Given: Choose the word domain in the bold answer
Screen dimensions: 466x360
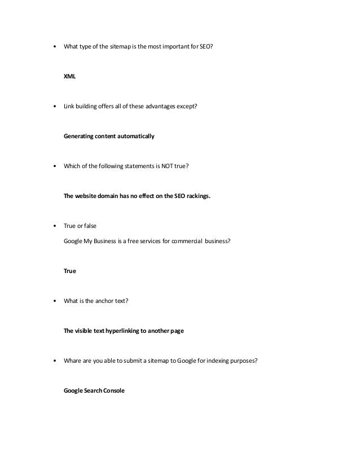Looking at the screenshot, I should click(x=112, y=197).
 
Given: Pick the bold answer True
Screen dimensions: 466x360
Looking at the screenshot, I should click(x=70, y=271).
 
